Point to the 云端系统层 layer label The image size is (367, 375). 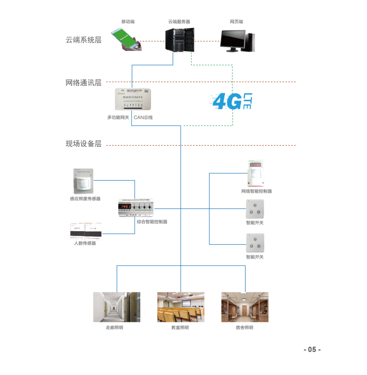click(83, 40)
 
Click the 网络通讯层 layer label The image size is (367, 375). click(83, 82)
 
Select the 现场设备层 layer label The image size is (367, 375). click(83, 144)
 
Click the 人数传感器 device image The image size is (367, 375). click(86, 231)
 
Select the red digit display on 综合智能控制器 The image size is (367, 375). click(126, 206)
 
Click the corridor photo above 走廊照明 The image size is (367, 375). click(117, 307)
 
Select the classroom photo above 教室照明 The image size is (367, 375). click(180, 307)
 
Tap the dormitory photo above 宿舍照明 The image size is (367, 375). click(245, 307)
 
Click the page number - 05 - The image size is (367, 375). click(312, 350)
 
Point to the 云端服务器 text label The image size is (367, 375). click(179, 21)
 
